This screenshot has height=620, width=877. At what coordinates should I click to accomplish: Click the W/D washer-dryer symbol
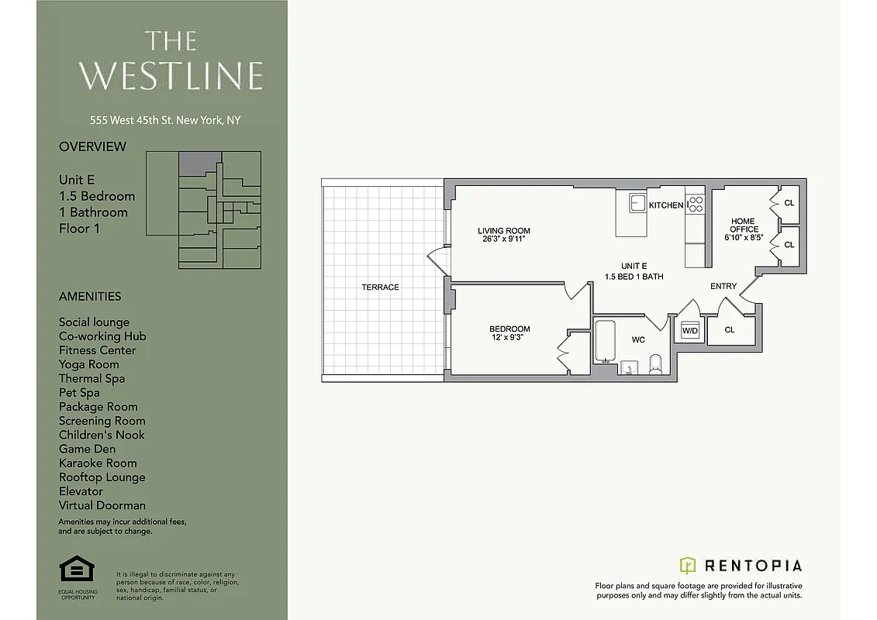689,331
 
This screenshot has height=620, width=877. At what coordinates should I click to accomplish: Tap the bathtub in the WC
606,342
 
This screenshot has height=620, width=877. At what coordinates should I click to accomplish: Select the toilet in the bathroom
656,363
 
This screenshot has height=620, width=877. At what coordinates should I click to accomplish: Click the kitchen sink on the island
637,203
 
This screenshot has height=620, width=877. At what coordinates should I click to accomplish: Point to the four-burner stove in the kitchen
696,205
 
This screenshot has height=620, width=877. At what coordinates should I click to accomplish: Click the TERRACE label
380,288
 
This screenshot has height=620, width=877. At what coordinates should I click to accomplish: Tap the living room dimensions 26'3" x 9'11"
504,239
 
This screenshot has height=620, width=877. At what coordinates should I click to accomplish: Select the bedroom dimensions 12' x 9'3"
509,337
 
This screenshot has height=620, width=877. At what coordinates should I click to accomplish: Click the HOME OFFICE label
744,226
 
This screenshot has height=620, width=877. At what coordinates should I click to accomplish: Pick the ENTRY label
723,287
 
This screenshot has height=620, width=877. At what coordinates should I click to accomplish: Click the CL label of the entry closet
730,330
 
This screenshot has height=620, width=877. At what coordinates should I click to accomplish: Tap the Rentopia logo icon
688,565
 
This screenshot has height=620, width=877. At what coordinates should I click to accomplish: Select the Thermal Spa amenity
91,378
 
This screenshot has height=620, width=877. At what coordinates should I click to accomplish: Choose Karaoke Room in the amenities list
98,463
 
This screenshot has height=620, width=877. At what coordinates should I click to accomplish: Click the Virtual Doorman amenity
102,505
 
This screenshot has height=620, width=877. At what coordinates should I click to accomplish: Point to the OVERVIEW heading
92,146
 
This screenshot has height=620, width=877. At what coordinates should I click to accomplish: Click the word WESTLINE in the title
171,76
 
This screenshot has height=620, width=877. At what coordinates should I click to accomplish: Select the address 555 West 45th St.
165,120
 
